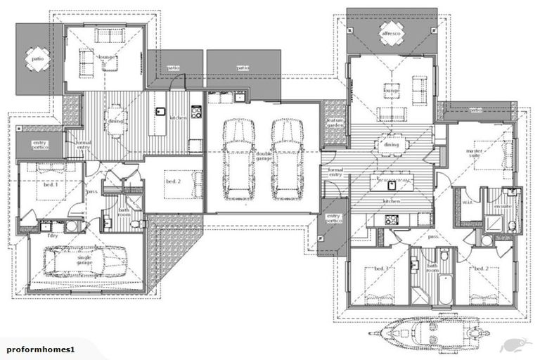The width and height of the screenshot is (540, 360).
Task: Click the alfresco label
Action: (390, 33)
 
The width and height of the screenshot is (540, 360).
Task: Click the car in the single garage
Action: (76, 262)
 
